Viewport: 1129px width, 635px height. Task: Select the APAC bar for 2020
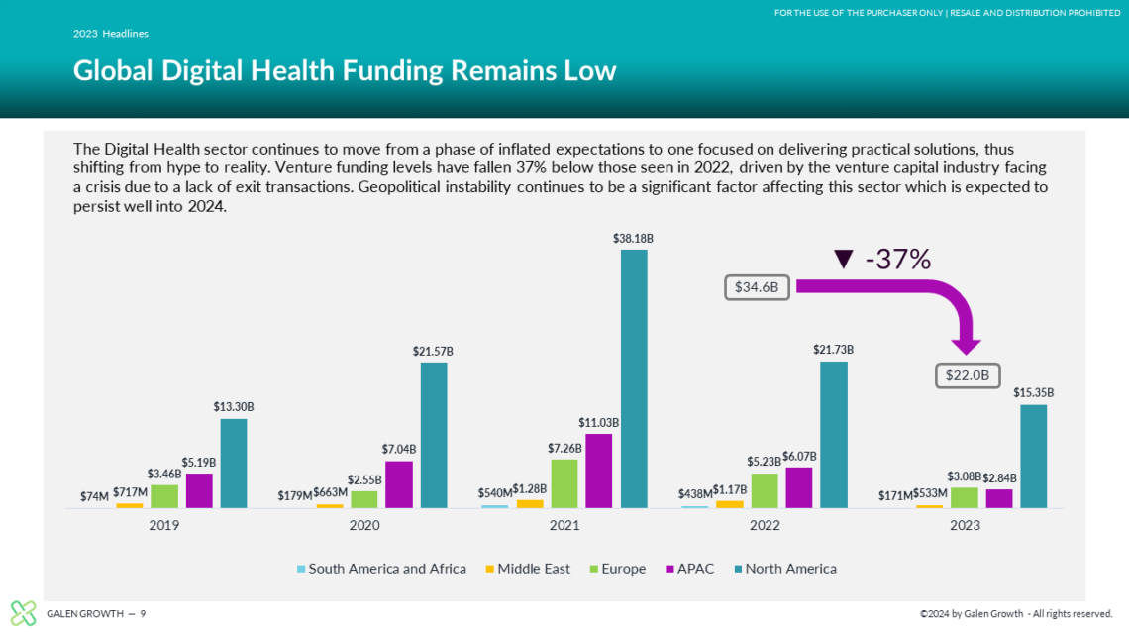[x=399, y=484]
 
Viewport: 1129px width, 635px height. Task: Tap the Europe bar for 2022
[x=765, y=490]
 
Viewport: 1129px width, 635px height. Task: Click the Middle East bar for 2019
[x=130, y=505]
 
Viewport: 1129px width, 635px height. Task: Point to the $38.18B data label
[x=634, y=238]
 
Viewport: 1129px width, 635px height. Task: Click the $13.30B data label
[x=233, y=407]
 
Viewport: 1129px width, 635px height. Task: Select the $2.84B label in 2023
[x=999, y=477]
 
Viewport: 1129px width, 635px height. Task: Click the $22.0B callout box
[x=968, y=376]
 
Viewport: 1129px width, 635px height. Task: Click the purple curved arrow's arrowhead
[x=966, y=346]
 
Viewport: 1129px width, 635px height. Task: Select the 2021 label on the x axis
[x=564, y=525]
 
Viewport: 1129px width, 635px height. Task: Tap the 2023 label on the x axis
[x=965, y=525]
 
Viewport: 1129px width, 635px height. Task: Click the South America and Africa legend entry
[x=381, y=569]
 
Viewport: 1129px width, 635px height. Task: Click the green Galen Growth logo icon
[x=23, y=613]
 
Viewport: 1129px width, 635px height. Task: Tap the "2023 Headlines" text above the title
[x=111, y=34]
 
